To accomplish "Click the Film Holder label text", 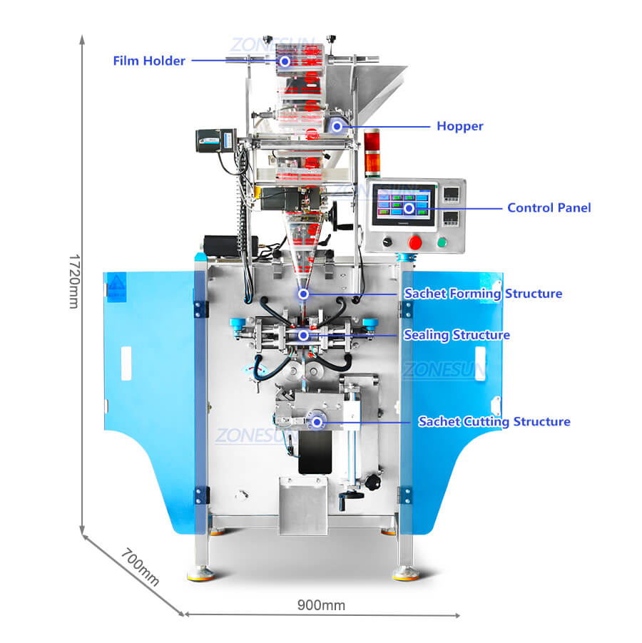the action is pos(149,61).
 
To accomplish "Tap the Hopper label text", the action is pos(460,126).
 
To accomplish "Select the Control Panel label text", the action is pos(549,207).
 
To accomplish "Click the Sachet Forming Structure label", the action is pos(483,294).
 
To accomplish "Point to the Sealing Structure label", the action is pos(457,335).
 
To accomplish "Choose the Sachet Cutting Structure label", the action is pos(494,421).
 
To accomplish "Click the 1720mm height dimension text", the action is pos(74,281).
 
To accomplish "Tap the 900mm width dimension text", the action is pos(321,605).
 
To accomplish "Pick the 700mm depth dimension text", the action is pos(140,567).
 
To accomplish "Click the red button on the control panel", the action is pos(415,242).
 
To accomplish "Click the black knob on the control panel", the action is pos(387,242).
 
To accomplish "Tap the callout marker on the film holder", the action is pos(285,61).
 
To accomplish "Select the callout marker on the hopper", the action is pos(337,127).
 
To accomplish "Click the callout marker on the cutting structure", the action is pos(317,422).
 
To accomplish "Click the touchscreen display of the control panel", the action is pos(404,204).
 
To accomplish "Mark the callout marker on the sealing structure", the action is pos(303,336).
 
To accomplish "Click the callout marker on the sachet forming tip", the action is pos(303,294).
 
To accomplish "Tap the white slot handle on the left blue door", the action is pos(126,364).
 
